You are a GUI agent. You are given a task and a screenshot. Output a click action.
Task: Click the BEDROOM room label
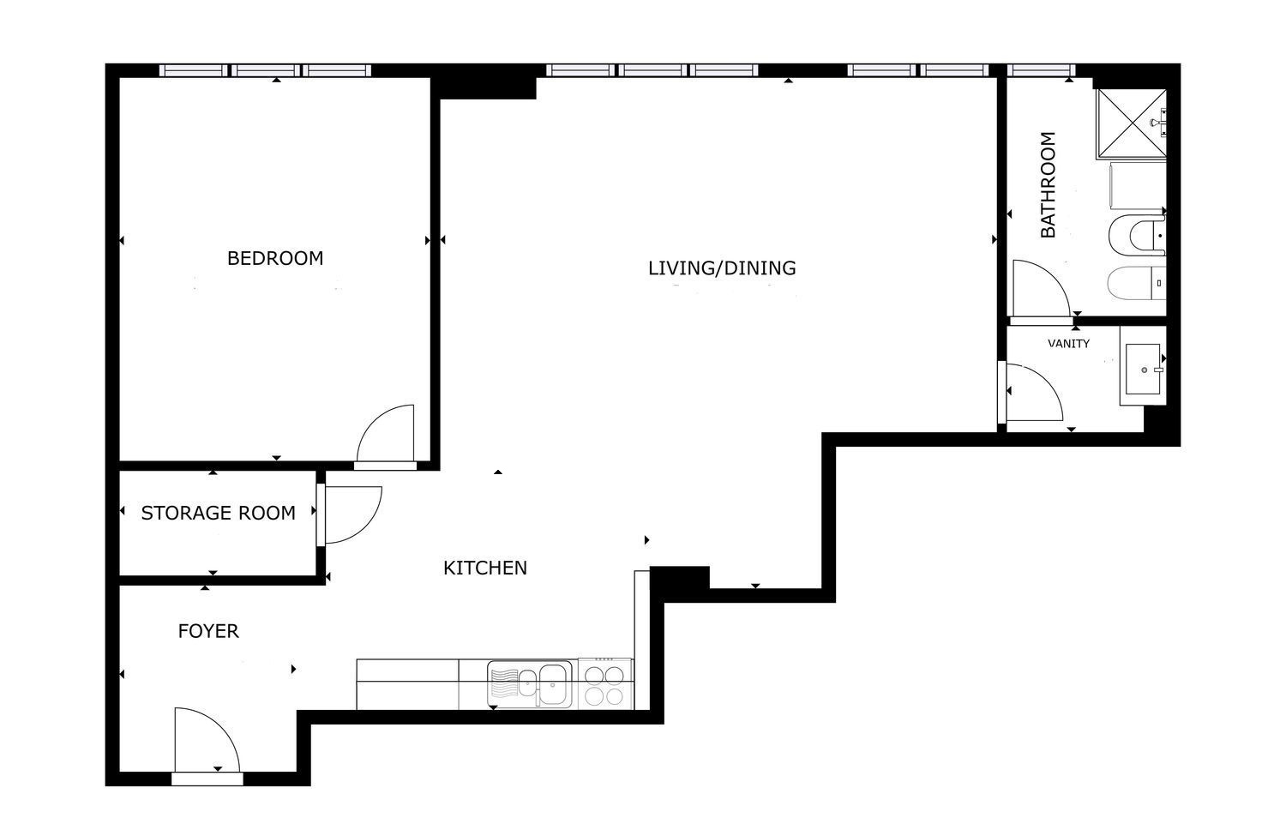click(x=275, y=258)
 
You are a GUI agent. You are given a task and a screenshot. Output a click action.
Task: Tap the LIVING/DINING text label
click(x=722, y=268)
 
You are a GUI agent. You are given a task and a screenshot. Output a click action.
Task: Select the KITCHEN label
click(x=485, y=568)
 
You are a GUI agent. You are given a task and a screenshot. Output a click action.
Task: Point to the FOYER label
click(x=207, y=631)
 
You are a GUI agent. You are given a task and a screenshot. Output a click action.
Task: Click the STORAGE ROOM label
click(x=218, y=513)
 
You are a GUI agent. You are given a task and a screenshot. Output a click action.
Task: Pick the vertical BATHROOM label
click(x=1049, y=184)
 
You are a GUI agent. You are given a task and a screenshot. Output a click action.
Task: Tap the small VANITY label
click(x=1068, y=343)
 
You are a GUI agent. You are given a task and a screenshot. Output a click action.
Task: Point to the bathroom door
click(x=1040, y=288)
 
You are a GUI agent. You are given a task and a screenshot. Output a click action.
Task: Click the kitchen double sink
click(x=530, y=683)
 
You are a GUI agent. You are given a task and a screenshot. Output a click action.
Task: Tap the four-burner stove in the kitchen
click(x=605, y=683)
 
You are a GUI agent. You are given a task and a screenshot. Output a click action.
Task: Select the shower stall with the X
click(x=1132, y=123)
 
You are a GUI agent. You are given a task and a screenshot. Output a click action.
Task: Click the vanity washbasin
click(x=1143, y=370)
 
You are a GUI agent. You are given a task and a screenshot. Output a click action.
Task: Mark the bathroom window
click(x=1042, y=70)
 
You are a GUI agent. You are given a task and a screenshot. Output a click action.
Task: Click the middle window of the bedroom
click(x=266, y=70)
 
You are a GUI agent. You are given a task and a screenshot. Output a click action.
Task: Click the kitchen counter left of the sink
click(x=407, y=684)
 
